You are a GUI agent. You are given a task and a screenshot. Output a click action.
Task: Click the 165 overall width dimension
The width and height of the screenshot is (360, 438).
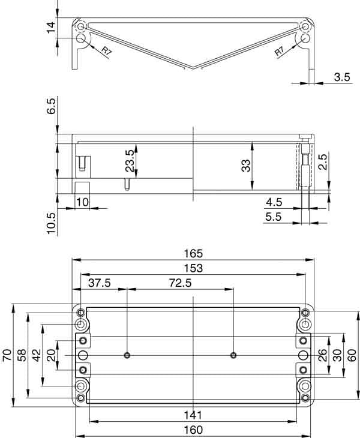[x=193, y=253]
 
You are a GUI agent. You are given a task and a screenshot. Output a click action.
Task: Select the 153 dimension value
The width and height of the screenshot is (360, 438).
[x=193, y=268]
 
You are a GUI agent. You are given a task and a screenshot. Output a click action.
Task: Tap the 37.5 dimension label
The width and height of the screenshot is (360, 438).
[x=100, y=283]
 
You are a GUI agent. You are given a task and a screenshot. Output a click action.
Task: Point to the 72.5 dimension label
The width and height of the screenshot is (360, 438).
[x=180, y=283]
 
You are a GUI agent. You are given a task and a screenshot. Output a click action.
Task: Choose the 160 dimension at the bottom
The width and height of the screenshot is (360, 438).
[x=193, y=430]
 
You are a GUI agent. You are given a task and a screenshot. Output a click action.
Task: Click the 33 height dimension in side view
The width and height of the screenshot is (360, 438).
[x=246, y=166]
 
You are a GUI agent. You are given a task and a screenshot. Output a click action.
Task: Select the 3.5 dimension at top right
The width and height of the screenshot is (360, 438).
[x=342, y=77]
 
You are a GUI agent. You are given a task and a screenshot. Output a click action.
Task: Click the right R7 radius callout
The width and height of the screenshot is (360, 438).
[x=280, y=52]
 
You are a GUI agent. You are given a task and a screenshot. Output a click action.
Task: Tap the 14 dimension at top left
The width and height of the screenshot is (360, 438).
[x=51, y=27]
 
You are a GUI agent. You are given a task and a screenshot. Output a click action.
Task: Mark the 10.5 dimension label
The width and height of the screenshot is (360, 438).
[x=51, y=223]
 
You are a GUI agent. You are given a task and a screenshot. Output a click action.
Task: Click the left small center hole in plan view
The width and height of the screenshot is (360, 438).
[x=127, y=355]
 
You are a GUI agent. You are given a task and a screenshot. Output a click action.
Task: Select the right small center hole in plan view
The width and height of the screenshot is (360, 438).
[x=233, y=355]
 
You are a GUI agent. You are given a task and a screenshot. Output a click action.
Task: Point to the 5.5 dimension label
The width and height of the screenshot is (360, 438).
[x=273, y=217]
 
